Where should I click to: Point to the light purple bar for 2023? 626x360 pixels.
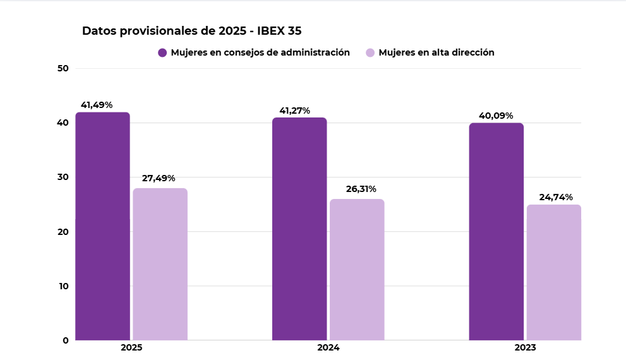click(554, 272)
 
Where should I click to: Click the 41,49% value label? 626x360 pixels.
click(96, 105)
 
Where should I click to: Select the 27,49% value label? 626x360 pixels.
click(159, 179)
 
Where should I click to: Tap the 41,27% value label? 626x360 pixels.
click(295, 111)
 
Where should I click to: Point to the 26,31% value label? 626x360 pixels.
click(361, 189)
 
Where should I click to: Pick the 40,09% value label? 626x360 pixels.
click(496, 116)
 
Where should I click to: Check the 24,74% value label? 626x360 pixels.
click(556, 197)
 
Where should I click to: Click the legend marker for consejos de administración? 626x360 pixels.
click(162, 52)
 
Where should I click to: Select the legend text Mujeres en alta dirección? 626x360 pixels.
click(436, 52)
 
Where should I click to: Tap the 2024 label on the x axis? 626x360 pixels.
click(328, 348)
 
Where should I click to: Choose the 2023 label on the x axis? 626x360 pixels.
click(525, 348)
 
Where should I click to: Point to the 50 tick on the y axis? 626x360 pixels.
click(63, 68)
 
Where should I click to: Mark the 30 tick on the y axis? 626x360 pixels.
click(63, 177)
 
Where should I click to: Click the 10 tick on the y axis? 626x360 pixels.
click(63, 285)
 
